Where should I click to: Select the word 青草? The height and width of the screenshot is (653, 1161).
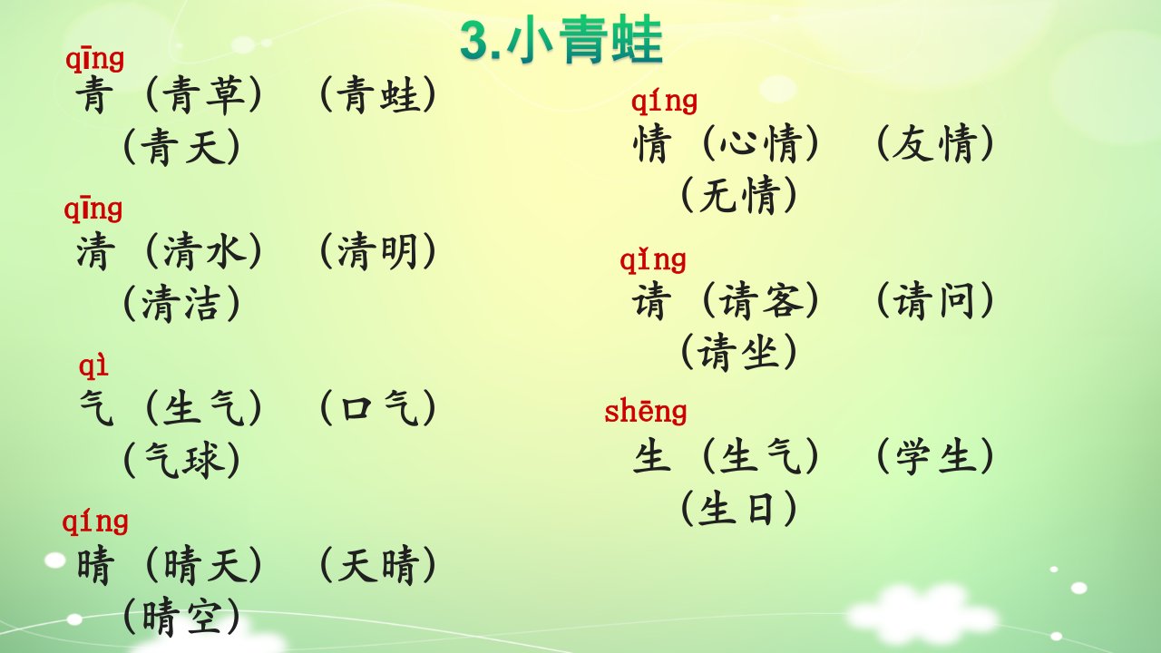click(204, 95)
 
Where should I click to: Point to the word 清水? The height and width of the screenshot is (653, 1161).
click(204, 251)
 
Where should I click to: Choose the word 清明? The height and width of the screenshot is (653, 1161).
click(377, 251)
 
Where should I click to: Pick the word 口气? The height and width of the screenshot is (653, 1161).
click(378, 408)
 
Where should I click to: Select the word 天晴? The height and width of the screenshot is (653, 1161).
click(377, 565)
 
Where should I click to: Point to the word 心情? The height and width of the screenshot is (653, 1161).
click(760, 143)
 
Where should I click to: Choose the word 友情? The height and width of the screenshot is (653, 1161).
click(934, 143)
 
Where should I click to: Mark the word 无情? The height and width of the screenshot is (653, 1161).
click(738, 195)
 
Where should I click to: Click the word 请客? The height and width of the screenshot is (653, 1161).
click(760, 300)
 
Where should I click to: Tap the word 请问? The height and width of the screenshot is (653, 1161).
click(934, 300)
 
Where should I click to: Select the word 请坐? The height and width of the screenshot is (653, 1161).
click(738, 352)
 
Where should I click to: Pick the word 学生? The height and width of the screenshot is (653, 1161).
click(934, 456)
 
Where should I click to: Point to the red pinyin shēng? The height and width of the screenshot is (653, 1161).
click(645, 413)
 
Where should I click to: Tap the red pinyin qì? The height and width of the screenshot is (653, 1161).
click(93, 365)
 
